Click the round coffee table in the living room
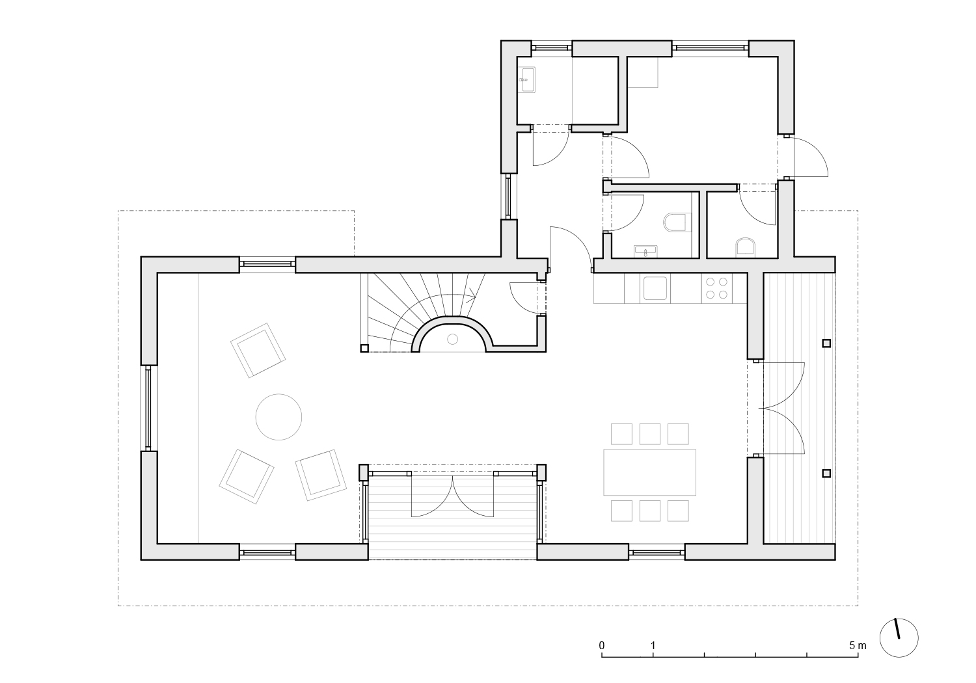[x=278, y=417]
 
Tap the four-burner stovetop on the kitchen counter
[x=716, y=288]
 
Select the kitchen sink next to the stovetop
[x=655, y=288]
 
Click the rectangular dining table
[x=649, y=472]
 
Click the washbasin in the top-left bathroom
[x=527, y=80]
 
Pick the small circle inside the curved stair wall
[x=453, y=339]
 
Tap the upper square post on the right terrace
[x=826, y=343]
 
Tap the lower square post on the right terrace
[x=826, y=473]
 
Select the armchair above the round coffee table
[x=258, y=350]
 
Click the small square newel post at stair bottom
[x=364, y=348]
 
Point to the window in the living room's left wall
[x=148, y=408]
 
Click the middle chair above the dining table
[x=649, y=434]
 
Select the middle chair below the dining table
[x=649, y=511]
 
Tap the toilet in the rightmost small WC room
[x=746, y=247]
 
